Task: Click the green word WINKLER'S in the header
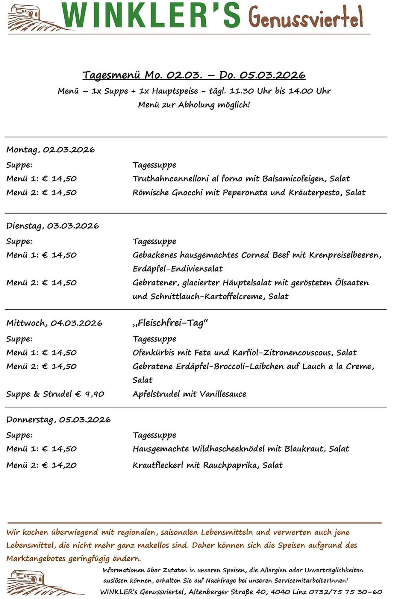[151, 16]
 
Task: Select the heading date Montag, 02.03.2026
[51, 149]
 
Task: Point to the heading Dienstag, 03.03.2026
[53, 226]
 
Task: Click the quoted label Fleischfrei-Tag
[170, 323]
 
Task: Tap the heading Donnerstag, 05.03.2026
[59, 420]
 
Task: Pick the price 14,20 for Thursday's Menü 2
[64, 465]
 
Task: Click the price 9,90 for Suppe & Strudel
[95, 394]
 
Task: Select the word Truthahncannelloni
[171, 179]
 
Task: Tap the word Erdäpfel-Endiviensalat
[178, 269]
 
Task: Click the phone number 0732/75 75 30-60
[345, 592]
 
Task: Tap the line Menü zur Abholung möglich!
[194, 105]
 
